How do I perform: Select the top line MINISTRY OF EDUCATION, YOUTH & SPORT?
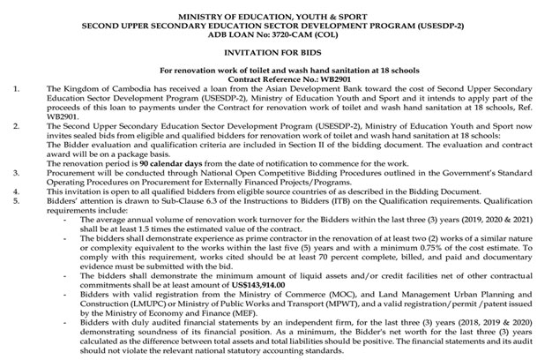[x=275, y=7]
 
